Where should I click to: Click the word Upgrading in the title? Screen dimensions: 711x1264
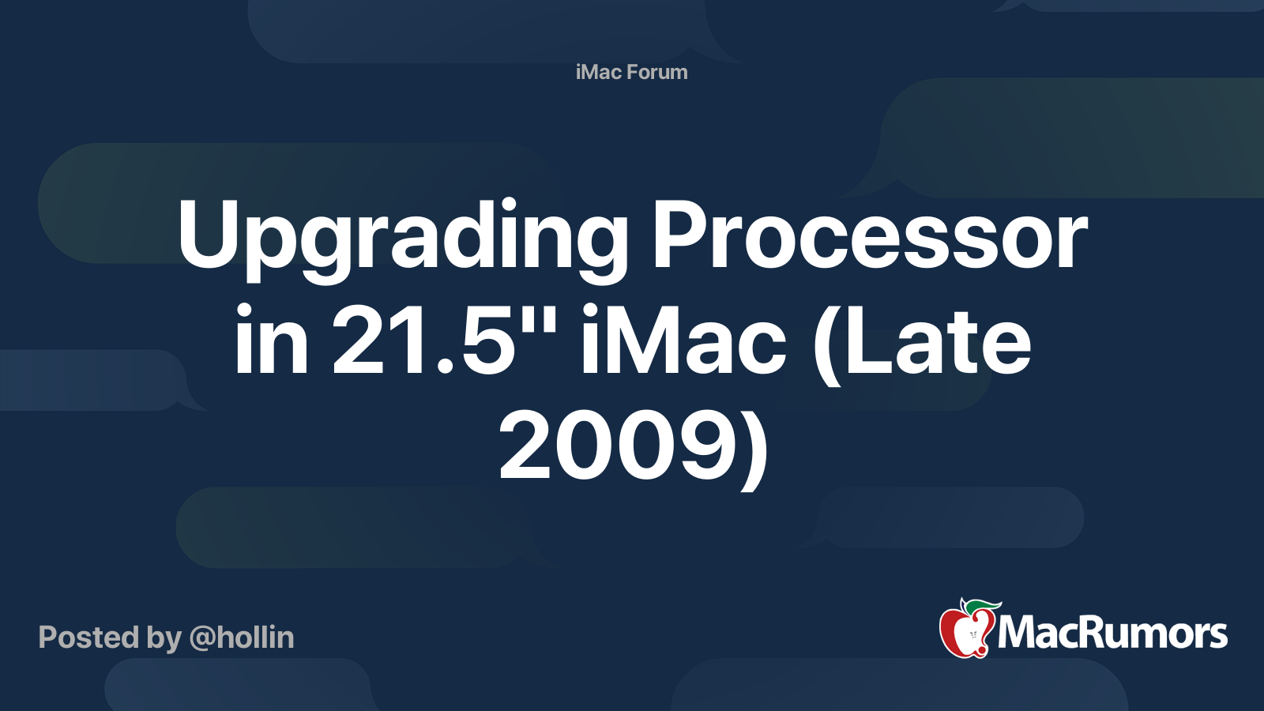[403, 237]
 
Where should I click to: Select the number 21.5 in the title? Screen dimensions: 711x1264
[419, 342]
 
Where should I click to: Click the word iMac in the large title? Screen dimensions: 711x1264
[683, 342]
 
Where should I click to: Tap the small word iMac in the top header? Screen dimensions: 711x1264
[598, 72]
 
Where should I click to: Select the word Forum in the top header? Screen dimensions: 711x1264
[657, 72]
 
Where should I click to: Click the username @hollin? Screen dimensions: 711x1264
[242, 638]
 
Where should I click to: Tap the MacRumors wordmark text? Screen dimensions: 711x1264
[1112, 634]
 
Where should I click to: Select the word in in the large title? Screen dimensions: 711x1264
[271, 342]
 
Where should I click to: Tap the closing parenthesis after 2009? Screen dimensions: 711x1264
[755, 449]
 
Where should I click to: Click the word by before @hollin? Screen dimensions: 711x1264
[164, 638]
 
